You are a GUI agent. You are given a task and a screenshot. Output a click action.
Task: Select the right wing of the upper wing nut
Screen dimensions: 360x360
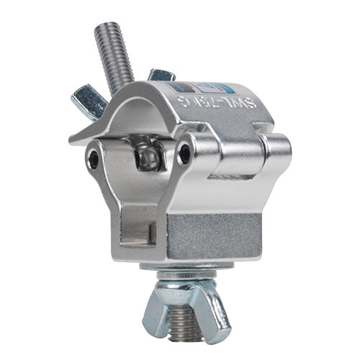point(161,76)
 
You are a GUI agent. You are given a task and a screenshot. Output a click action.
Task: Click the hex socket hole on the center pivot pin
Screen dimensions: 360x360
point(186,153)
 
